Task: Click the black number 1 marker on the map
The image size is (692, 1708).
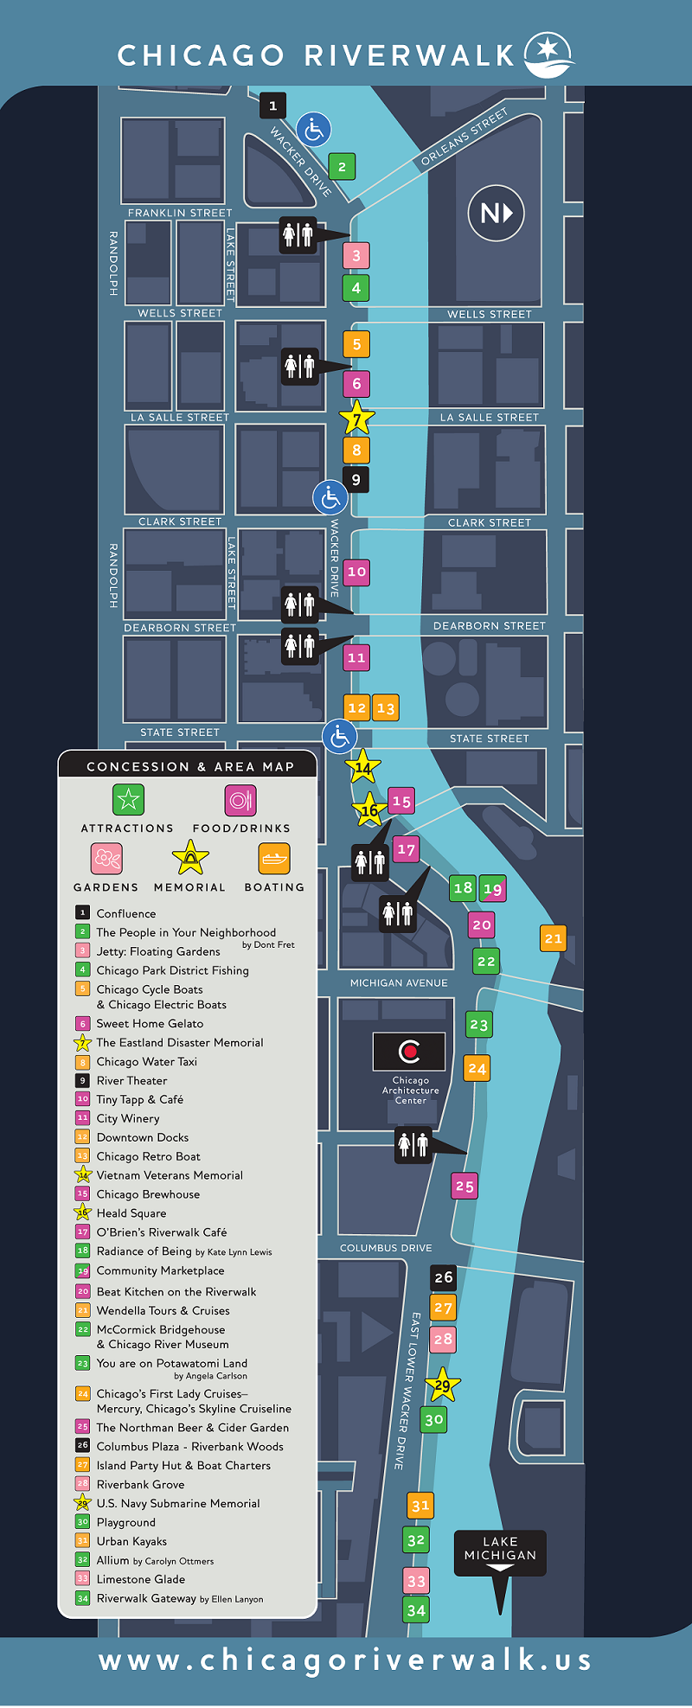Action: (272, 106)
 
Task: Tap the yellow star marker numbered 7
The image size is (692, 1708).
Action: (356, 419)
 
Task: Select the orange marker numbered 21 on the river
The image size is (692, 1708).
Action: (554, 938)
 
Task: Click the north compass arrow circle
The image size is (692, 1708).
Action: (497, 213)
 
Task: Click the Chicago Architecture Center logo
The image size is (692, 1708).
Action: (409, 1051)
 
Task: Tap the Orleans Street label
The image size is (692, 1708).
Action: (465, 138)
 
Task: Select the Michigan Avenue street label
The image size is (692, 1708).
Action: (399, 982)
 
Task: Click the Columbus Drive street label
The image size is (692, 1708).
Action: (386, 1248)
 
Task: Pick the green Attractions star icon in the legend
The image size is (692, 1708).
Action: (128, 800)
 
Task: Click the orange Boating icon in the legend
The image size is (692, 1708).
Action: (274, 859)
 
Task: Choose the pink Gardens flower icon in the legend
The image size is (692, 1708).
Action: (106, 859)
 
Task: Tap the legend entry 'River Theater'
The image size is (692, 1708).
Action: (131, 1080)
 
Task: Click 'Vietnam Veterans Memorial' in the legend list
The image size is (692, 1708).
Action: (170, 1175)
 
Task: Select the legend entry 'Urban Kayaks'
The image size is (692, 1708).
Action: (131, 1541)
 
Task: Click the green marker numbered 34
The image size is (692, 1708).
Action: (416, 1609)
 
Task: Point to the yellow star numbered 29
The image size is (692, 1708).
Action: (442, 1385)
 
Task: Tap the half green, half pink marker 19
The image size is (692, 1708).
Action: (492, 888)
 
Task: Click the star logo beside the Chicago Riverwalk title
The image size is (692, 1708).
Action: (549, 54)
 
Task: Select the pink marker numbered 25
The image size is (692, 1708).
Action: (465, 1186)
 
